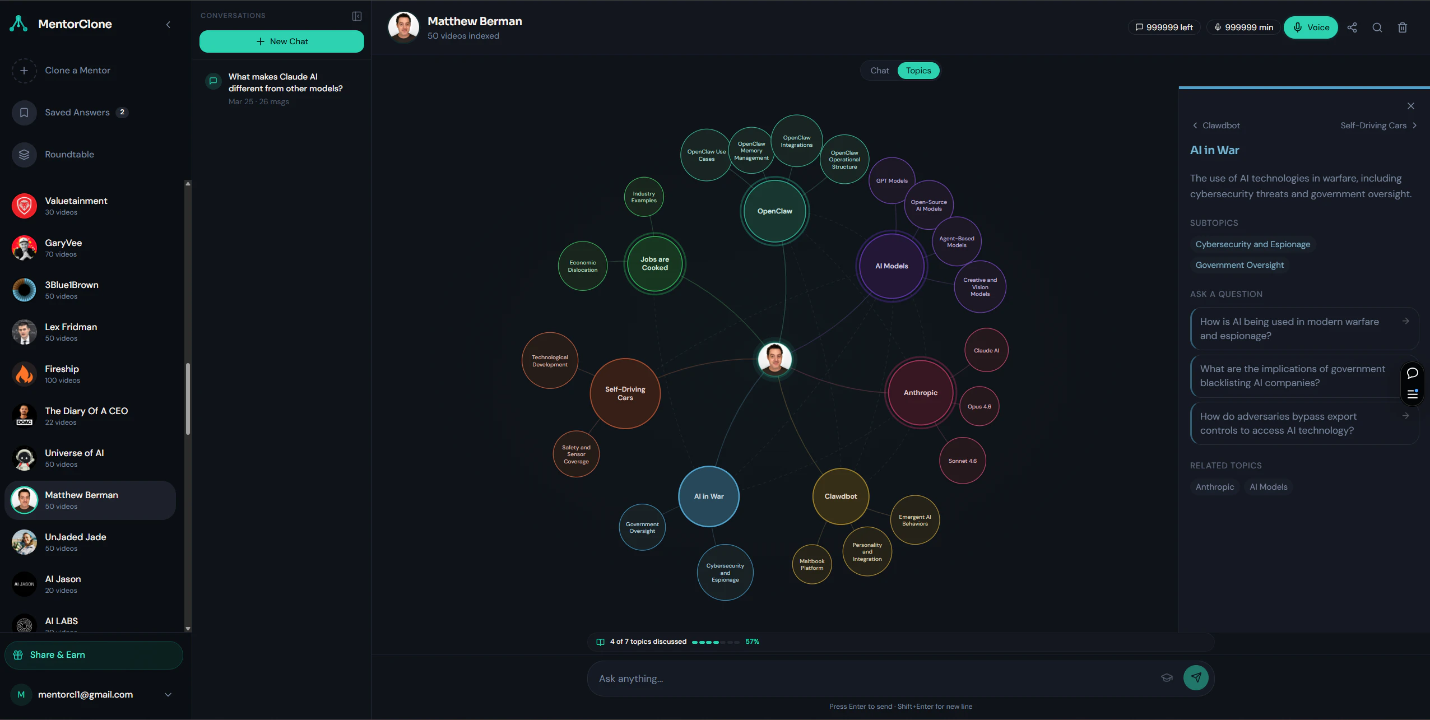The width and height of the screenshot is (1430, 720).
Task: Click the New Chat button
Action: [282, 41]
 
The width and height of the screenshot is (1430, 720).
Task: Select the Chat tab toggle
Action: [879, 71]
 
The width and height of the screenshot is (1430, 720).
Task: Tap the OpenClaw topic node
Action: [775, 211]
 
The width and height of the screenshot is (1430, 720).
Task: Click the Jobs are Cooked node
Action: [654, 263]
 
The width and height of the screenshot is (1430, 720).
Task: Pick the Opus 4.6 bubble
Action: [979, 407]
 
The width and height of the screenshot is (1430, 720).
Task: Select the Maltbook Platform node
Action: [812, 564]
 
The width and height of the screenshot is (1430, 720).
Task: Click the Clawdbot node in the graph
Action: [841, 496]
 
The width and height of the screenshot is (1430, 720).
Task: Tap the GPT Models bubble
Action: [892, 181]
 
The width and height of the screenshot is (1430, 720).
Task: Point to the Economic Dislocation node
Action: [583, 266]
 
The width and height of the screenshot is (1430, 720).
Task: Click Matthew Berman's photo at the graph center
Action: [775, 359]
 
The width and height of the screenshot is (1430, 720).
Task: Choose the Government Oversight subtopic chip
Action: [1239, 265]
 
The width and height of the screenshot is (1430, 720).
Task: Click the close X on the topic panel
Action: [1411, 106]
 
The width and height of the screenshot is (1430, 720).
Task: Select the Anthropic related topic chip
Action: [1215, 487]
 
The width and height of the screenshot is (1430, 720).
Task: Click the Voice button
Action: [1311, 27]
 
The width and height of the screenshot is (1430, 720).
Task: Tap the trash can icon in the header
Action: [1403, 27]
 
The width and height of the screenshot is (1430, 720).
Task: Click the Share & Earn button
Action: [94, 655]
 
